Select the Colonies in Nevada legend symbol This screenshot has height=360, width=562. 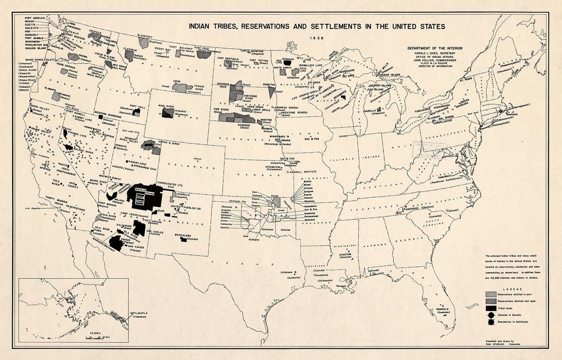[490, 315]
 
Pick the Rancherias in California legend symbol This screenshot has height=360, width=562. [490, 322]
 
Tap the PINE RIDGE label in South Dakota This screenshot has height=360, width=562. [222, 109]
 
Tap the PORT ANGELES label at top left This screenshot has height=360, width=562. [36, 18]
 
